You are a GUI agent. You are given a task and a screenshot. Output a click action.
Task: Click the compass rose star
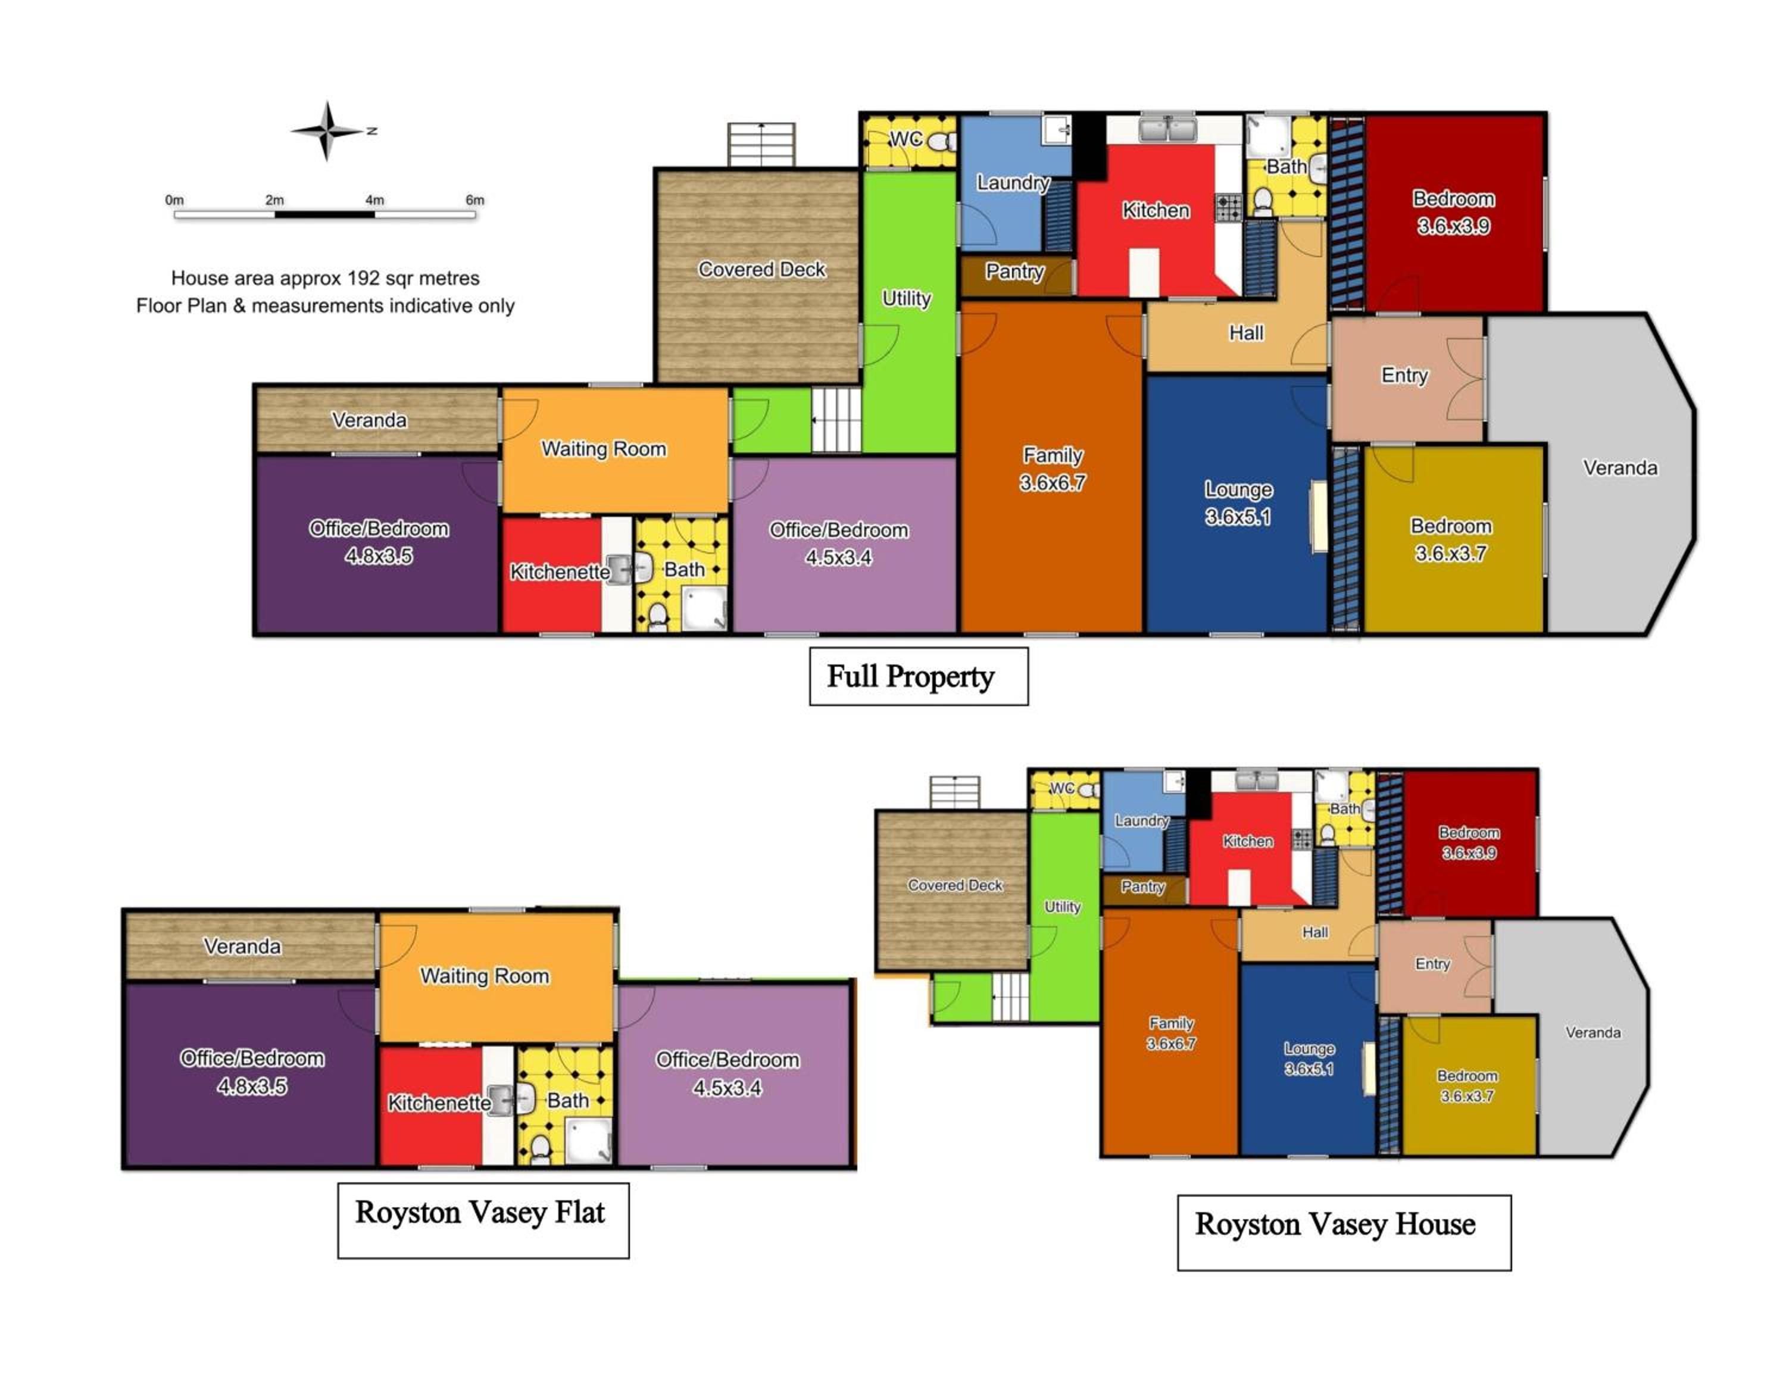[x=326, y=131]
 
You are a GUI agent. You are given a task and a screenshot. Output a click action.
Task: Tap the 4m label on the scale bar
[x=374, y=199]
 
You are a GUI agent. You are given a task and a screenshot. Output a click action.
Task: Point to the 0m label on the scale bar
[x=174, y=199]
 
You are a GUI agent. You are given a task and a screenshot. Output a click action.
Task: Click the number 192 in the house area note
[x=364, y=278]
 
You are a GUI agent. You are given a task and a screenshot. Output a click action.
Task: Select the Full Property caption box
[x=919, y=676]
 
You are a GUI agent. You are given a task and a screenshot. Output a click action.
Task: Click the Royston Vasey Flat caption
[x=481, y=1212]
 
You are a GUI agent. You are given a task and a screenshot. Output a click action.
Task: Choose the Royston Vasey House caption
[x=1335, y=1224]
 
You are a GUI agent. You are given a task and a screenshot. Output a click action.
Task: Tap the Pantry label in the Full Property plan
[x=1014, y=271]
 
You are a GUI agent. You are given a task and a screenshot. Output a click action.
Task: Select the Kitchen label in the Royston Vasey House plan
[x=1247, y=841]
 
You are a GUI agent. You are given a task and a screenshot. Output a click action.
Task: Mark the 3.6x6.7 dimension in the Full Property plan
[x=1053, y=482]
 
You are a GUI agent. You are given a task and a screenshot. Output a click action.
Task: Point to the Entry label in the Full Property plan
[x=1404, y=375]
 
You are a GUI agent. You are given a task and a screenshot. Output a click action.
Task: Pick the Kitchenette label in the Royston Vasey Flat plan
[x=439, y=1103]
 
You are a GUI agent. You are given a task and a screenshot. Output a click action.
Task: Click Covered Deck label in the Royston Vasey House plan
[x=955, y=885]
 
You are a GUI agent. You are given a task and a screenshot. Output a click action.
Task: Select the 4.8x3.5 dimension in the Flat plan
[x=252, y=1086]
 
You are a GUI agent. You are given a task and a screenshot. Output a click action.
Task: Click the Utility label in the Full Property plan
[x=906, y=298]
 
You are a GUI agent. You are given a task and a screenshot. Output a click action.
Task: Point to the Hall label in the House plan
[x=1315, y=932]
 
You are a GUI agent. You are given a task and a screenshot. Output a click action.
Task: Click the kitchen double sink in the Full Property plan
[x=1168, y=129]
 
